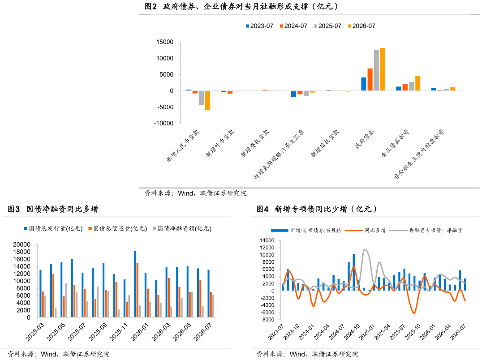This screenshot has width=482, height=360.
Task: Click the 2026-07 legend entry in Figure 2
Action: point(361,26)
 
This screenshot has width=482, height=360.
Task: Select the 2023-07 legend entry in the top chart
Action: point(259,26)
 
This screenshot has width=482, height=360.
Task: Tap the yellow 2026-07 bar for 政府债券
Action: point(383,69)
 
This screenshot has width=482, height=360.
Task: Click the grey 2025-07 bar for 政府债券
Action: point(376,70)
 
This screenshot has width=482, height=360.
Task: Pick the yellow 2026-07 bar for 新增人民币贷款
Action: point(207,100)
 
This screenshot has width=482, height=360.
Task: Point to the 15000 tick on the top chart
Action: point(165,42)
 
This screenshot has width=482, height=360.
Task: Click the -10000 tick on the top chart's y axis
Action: point(164,123)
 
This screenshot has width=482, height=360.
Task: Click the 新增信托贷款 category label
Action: point(325,143)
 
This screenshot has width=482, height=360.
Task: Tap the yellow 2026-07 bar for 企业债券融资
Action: point(418,83)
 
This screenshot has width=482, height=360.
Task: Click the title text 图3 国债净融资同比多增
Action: point(53,209)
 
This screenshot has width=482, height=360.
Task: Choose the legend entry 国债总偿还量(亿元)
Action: point(118,228)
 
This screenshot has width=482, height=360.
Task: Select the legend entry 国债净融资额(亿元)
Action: point(182,228)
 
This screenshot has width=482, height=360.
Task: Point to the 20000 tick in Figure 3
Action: point(22,244)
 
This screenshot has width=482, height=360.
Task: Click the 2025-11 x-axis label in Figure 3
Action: point(118,332)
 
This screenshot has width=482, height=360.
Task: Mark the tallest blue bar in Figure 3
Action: point(135,284)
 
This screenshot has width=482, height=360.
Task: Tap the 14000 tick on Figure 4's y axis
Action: point(267,240)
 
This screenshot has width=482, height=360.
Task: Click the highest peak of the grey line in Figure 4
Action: point(365,249)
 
